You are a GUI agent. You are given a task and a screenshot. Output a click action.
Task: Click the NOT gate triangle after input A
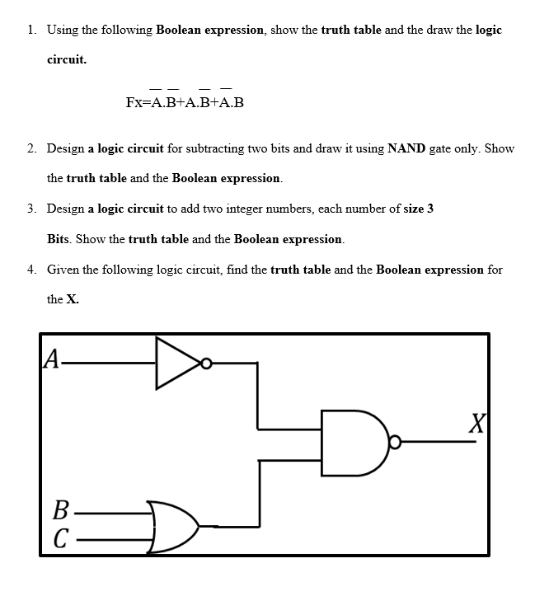(176, 361)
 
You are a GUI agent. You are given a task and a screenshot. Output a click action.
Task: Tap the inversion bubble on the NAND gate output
(396, 443)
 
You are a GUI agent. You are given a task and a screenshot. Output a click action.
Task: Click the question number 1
(30, 30)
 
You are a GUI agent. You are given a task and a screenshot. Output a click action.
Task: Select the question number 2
(30, 148)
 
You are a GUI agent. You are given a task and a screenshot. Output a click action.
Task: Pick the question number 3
(30, 209)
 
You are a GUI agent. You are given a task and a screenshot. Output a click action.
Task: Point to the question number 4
(30, 270)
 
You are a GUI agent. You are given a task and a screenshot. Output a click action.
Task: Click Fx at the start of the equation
(134, 103)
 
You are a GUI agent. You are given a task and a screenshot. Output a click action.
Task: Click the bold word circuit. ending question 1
(67, 60)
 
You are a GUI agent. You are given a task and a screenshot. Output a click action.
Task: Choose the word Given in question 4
(63, 270)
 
